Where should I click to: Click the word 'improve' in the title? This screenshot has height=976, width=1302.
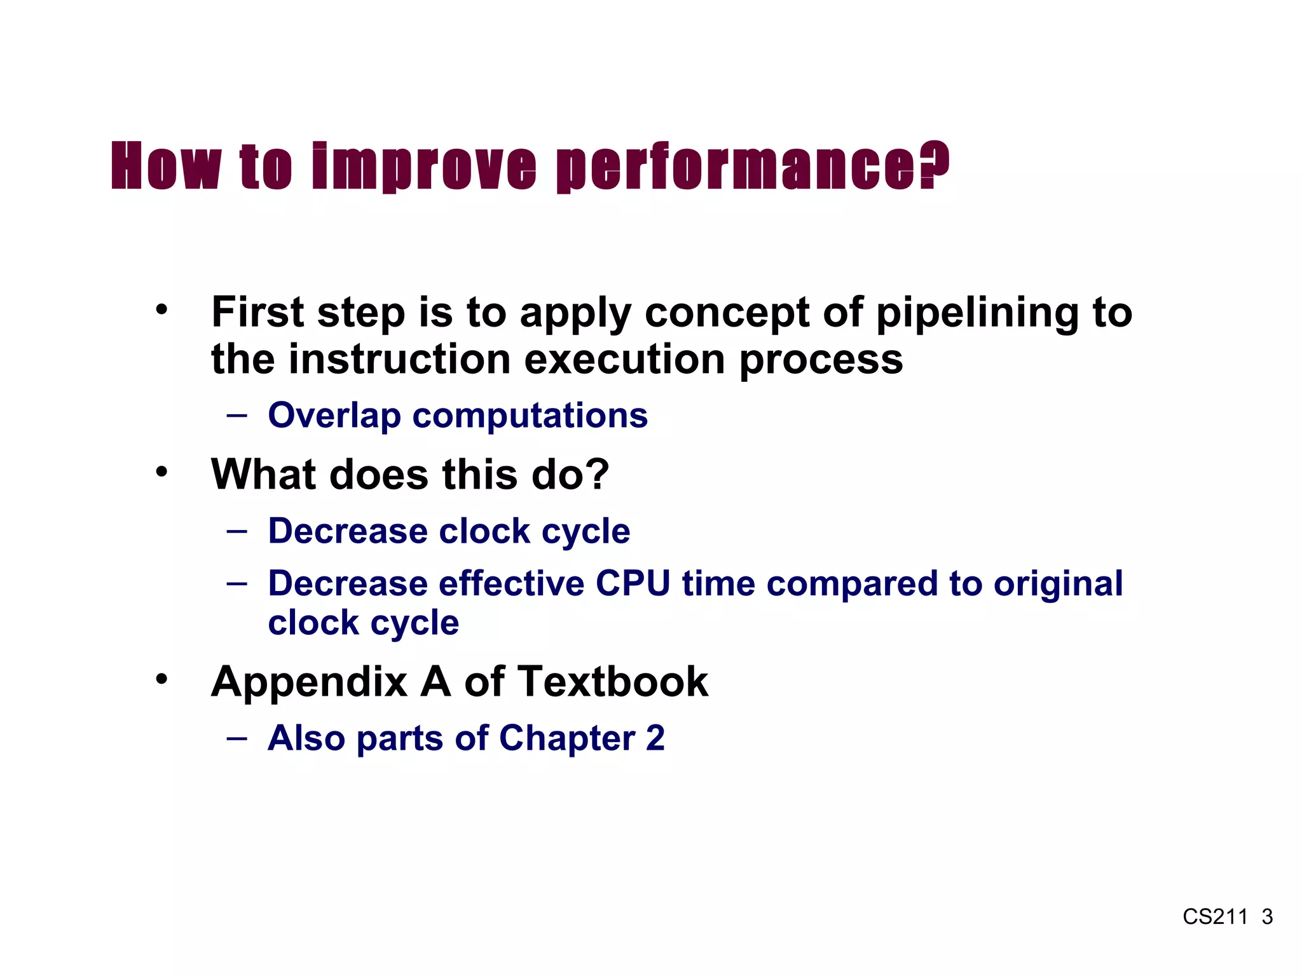click(425, 166)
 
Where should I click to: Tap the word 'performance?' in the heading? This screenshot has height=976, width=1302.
click(753, 166)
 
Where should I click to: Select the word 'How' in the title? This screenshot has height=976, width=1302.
click(167, 166)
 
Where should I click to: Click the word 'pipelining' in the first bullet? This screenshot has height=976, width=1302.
click(976, 314)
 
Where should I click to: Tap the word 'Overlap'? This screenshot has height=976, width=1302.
click(334, 416)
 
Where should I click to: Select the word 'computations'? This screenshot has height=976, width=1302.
click(530, 416)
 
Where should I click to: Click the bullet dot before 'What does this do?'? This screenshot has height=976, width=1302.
click(162, 472)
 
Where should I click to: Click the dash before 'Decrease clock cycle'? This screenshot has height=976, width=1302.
click(236, 531)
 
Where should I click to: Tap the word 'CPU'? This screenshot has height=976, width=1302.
click(633, 583)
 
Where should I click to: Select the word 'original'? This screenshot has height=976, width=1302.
click(1058, 583)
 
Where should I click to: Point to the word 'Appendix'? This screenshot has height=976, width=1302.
click(309, 682)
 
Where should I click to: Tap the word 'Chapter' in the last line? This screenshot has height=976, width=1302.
click(567, 738)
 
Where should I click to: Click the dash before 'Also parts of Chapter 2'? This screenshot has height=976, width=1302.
click(236, 738)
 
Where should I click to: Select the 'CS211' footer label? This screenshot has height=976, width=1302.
click(1215, 917)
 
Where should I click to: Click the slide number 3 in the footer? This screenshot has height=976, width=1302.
click(1267, 917)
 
